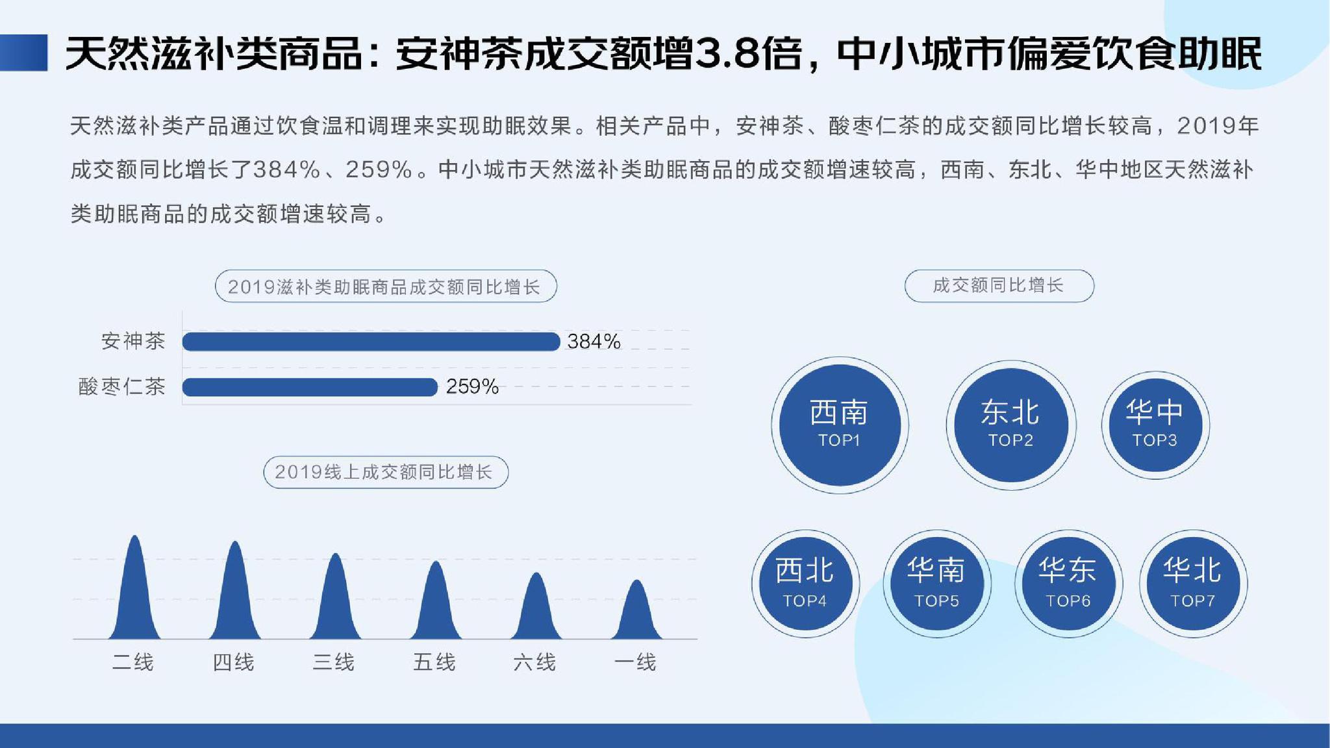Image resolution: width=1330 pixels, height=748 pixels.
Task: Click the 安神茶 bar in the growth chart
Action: pos(371,342)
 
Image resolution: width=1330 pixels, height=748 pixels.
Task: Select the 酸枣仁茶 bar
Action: pos(310,387)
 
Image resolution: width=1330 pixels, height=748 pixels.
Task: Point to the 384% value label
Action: pos(594,342)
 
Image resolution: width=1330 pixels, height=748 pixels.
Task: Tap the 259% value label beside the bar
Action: pos(472,387)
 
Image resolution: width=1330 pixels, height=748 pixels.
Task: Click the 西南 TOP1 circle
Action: pos(840,425)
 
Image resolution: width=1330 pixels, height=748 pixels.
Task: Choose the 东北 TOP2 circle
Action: pos(1010,425)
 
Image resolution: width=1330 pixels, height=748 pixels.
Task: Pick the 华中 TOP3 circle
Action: pos(1155,425)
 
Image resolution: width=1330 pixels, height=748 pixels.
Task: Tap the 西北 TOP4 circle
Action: pos(805,583)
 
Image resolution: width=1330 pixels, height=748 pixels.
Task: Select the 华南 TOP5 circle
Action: pos(936,583)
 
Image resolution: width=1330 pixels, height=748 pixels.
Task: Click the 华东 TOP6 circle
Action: pos(1068,583)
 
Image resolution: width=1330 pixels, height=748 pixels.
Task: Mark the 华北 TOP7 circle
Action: pos(1193,583)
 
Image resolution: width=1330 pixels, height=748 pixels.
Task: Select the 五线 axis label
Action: pos(434,662)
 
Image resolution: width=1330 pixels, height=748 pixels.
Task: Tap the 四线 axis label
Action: pos(234,662)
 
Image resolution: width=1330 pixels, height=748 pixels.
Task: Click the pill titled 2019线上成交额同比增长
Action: pos(386,472)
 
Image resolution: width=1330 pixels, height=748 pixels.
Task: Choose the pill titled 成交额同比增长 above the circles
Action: pos(999,286)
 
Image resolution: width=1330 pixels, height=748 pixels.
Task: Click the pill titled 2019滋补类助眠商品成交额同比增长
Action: pos(386,286)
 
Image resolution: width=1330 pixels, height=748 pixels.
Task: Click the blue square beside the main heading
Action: pos(24,53)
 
